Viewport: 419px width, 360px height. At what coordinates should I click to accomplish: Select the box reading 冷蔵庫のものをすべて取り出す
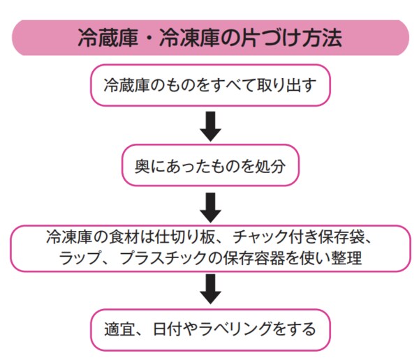click(209, 87)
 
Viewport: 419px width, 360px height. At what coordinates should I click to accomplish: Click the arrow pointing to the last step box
click(209, 289)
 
